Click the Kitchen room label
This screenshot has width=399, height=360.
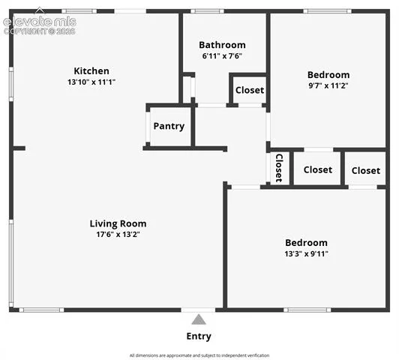91,71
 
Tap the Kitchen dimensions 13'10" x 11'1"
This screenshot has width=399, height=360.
91,82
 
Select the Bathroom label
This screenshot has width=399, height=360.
222,45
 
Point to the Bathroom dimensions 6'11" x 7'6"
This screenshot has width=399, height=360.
222,56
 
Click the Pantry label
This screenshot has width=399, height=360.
169,126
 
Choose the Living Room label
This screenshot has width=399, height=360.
118,223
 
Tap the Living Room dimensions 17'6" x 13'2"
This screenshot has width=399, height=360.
118,234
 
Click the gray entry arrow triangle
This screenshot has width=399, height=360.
199,319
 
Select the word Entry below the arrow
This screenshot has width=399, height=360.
199,336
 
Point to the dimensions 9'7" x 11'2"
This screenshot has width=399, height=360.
328,85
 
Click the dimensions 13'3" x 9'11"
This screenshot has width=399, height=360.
306,254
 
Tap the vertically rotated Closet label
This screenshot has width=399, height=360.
279,168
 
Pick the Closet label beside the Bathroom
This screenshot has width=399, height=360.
250,90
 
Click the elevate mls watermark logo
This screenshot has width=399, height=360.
40,22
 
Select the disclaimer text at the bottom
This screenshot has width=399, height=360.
199,355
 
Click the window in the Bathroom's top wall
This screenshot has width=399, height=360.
207,11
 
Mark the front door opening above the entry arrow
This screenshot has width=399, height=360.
198,310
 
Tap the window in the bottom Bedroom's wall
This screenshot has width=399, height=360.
307,310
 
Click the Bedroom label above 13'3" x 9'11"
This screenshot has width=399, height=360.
306,243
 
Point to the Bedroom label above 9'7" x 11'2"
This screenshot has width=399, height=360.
328,75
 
